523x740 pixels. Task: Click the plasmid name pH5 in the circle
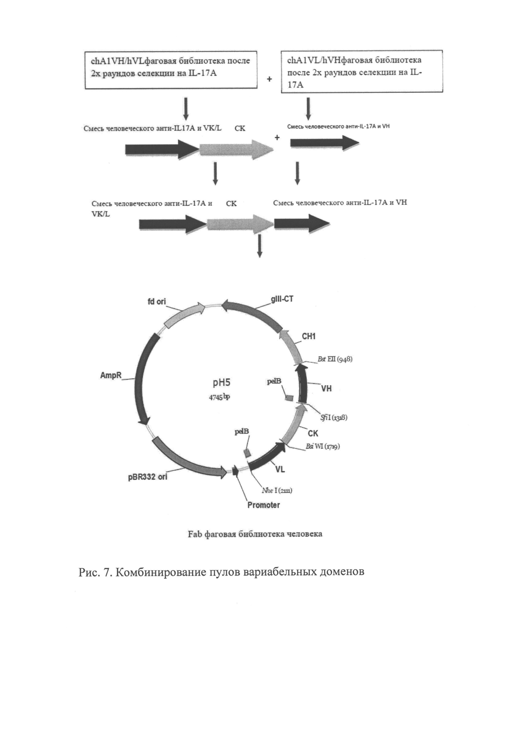click(222, 383)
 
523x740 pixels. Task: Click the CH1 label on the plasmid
click(309, 337)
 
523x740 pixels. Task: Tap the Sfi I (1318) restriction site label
click(334, 418)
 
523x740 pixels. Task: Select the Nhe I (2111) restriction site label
click(277, 491)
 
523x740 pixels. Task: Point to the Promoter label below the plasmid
click(263, 505)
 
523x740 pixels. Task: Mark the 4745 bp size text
click(219, 397)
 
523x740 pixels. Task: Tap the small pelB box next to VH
click(289, 398)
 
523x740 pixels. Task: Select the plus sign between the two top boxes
click(269, 79)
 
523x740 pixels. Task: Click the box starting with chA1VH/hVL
click(171, 70)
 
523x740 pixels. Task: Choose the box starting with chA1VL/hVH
click(362, 72)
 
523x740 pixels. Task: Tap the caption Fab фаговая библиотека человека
click(255, 534)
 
